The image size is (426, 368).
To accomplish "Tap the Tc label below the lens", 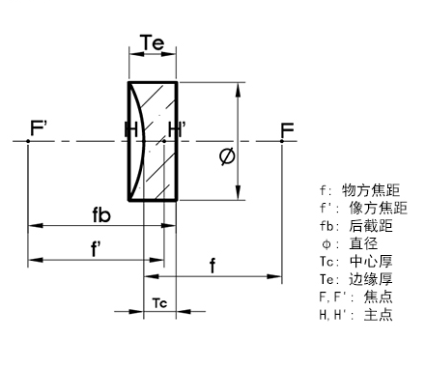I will pyautogui.click(x=160, y=303).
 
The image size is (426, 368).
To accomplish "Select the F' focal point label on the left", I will pyautogui.click(x=40, y=127).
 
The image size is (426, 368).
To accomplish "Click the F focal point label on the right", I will pyautogui.click(x=287, y=128).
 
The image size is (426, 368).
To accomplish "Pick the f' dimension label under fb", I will pyautogui.click(x=97, y=248).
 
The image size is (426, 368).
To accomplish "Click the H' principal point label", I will pyautogui.click(x=176, y=128).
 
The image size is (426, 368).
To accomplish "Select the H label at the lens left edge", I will pyautogui.click(x=131, y=128).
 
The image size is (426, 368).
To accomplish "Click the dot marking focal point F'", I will pyautogui.click(x=29, y=141).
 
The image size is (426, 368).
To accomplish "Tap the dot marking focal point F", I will pyautogui.click(x=281, y=141).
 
